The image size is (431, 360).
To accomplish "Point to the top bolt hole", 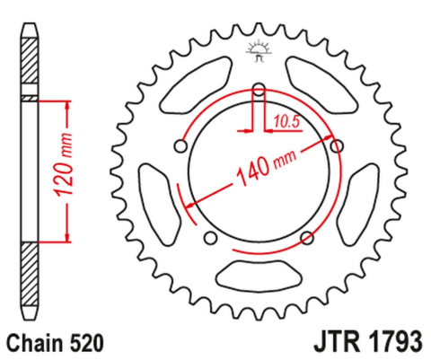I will pyautogui.click(x=259, y=89).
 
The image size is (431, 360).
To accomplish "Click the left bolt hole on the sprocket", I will pyautogui.click(x=183, y=145).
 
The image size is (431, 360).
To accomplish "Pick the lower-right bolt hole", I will pyautogui.click(x=306, y=236).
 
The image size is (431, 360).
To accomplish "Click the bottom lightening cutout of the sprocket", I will pyautogui.click(x=259, y=273).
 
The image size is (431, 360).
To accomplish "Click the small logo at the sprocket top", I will pyautogui.click(x=259, y=53).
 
